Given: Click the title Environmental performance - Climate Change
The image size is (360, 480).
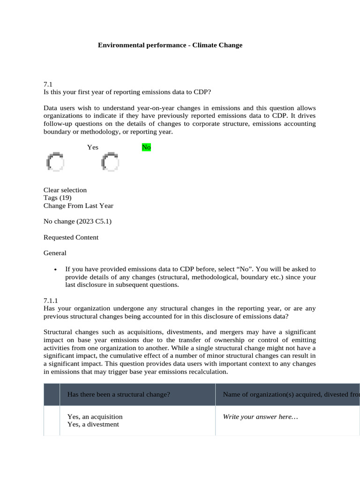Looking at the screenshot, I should pyautogui.click(x=170, y=45).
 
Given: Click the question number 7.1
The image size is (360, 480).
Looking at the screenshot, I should pyautogui.click(x=47, y=84).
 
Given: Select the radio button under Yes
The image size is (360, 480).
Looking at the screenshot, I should pyautogui.click(x=55, y=162).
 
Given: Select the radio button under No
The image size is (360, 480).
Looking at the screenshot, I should pyautogui.click(x=110, y=162).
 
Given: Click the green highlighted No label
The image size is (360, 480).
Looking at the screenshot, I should pyautogui.click(x=146, y=148).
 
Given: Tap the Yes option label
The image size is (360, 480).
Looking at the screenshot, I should pyautogui.click(x=92, y=148).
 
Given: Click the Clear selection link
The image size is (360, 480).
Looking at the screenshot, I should pyautogui.click(x=65, y=190).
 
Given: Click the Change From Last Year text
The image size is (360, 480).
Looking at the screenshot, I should pyautogui.click(x=78, y=206).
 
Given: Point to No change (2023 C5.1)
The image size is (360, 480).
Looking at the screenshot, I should pyautogui.click(x=77, y=221).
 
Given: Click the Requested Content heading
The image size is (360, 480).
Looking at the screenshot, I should pyautogui.click(x=71, y=237).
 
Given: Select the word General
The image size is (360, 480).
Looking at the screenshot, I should pyautogui.click(x=55, y=253).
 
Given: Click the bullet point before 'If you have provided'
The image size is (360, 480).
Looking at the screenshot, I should pyautogui.click(x=56, y=270).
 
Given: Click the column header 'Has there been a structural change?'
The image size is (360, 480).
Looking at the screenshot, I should pyautogui.click(x=119, y=395).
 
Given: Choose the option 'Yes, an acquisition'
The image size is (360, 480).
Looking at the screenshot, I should pyautogui.click(x=95, y=417).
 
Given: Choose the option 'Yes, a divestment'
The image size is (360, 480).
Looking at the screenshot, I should pyautogui.click(x=93, y=425).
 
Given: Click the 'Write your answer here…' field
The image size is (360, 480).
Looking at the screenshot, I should pyautogui.click(x=261, y=417).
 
